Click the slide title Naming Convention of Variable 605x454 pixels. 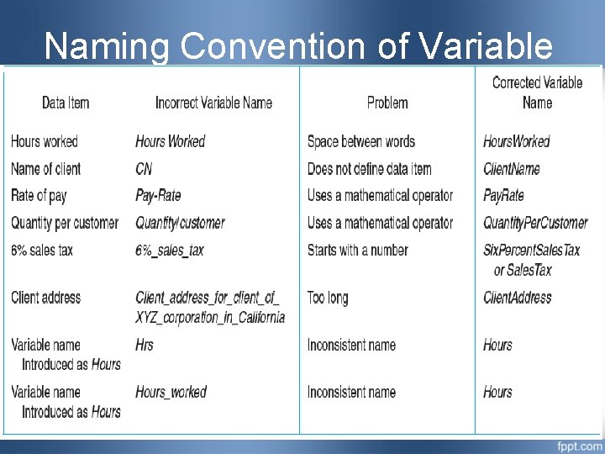[x=298, y=46]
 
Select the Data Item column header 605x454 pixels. [x=66, y=103]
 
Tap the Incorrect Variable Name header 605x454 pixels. [x=213, y=103]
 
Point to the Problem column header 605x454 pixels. [x=387, y=103]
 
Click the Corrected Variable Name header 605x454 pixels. [x=537, y=92]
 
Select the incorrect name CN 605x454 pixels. [x=144, y=169]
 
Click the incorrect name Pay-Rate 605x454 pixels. [x=158, y=196]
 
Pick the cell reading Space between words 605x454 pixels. [x=360, y=141]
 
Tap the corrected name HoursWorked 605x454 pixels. [x=516, y=141]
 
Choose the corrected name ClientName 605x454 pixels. [x=512, y=169]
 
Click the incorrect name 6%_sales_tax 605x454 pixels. [x=170, y=251]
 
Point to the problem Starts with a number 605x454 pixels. [x=357, y=251]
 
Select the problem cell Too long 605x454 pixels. [x=328, y=298]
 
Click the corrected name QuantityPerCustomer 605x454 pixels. [x=535, y=223]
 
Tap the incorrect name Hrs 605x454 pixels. [x=145, y=345]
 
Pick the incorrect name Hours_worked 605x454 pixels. [x=171, y=392]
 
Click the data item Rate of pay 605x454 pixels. [x=39, y=196]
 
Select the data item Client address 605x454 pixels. [x=46, y=298]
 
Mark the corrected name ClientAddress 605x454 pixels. [x=518, y=298]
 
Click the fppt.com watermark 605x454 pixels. [x=578, y=444]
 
